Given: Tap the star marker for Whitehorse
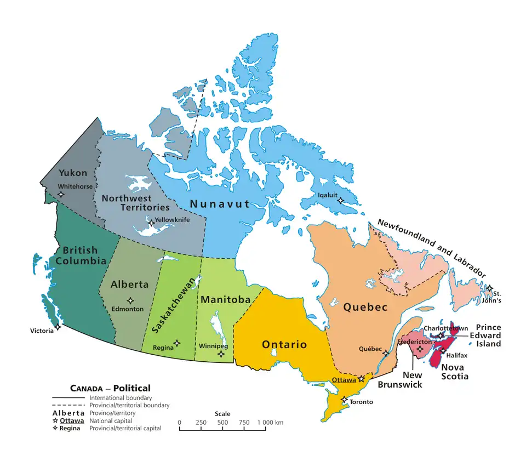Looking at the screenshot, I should [61, 194].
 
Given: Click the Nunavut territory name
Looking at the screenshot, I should [219, 204].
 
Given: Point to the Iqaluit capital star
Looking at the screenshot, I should [340, 201].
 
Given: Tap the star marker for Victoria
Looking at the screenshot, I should [58, 327].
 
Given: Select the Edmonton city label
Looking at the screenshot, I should [127, 309].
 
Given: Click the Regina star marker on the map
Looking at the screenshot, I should [176, 344].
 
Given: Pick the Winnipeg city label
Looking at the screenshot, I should [214, 347].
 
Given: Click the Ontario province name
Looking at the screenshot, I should [284, 344].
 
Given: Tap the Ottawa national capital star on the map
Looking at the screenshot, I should [361, 379].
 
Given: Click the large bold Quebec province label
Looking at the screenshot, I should [365, 307].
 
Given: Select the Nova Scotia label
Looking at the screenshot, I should [455, 372].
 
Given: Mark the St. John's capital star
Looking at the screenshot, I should [489, 288].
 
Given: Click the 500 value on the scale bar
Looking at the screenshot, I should [222, 423].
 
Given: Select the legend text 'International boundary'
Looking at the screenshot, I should [120, 397].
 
